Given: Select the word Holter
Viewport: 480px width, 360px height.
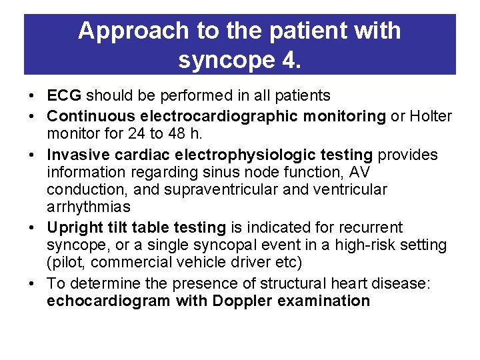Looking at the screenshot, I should tap(430, 117).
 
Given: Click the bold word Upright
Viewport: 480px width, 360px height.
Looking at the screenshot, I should tap(73, 228).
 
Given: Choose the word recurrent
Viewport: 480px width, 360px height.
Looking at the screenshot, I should tap(374, 228).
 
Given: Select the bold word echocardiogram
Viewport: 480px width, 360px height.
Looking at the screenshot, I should tap(109, 301).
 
